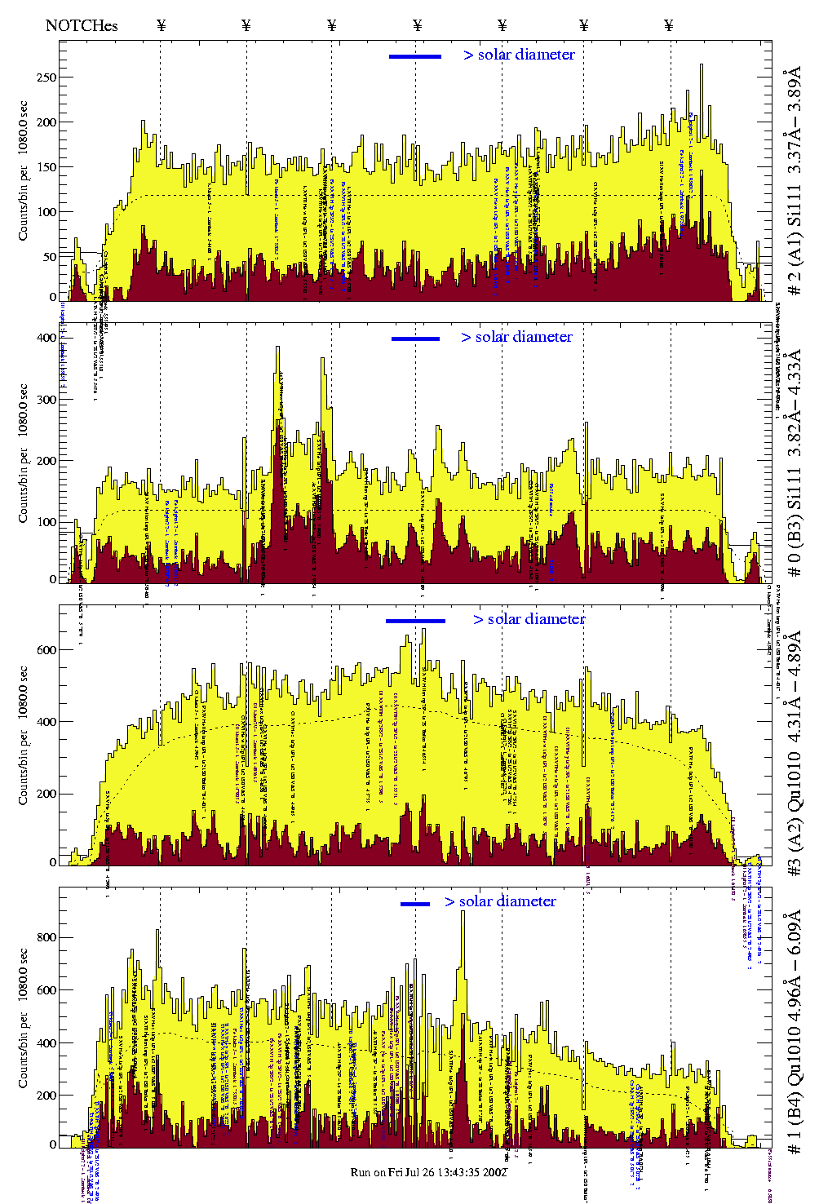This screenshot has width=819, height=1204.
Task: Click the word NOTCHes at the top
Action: pos(82,25)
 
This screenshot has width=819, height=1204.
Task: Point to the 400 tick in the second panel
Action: pos(46,338)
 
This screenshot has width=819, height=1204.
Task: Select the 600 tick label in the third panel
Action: pos(46,650)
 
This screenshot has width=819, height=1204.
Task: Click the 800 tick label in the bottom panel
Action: pos(46,937)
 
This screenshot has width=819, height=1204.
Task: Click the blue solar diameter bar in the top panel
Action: pos(415,56)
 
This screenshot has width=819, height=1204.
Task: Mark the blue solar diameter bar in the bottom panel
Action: pos(415,904)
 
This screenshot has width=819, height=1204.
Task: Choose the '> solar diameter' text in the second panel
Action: pos(516,337)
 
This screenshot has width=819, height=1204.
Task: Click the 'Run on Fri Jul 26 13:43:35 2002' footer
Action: pos(429,1172)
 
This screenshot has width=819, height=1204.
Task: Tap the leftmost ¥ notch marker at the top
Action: pos(161,25)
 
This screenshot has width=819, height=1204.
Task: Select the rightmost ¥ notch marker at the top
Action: pos(669,25)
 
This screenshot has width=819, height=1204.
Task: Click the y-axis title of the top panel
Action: pos(23,171)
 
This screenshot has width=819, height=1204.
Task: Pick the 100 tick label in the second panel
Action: pos(46,521)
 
